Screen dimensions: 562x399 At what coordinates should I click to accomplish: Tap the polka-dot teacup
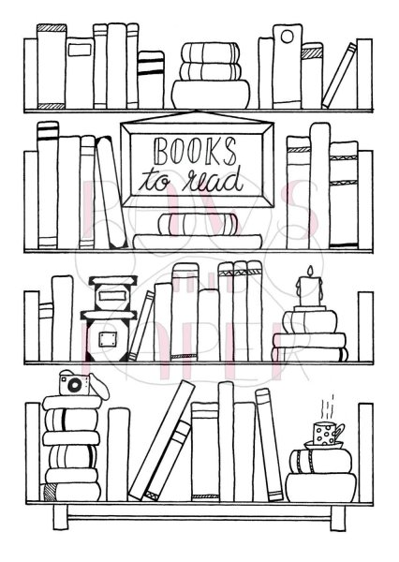tap(324, 433)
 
